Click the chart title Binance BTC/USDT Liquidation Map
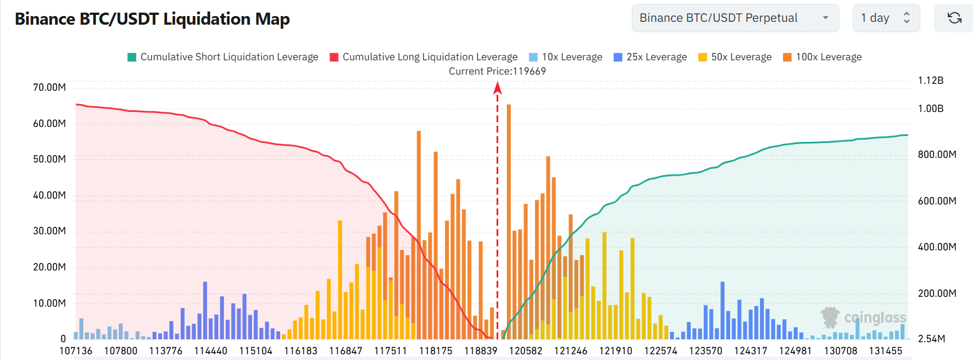[x=152, y=19]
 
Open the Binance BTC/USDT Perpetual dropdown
[x=735, y=18]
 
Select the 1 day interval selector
[x=886, y=18]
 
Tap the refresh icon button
[x=954, y=18]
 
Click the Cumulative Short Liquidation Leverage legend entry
[x=223, y=57]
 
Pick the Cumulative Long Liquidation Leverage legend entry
[x=424, y=57]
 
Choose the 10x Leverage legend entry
[x=565, y=57]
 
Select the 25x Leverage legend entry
[x=650, y=57]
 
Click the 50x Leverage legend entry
[x=735, y=57]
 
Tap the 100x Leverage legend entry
[x=822, y=57]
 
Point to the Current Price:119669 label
[x=497, y=71]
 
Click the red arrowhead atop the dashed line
[x=498, y=87]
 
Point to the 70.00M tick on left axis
[x=49, y=87]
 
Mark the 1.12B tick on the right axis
[x=931, y=80]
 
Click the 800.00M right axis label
[x=937, y=154]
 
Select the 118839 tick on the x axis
[x=480, y=351]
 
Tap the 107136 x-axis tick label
[x=76, y=351]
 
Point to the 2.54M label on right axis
[x=931, y=339]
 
